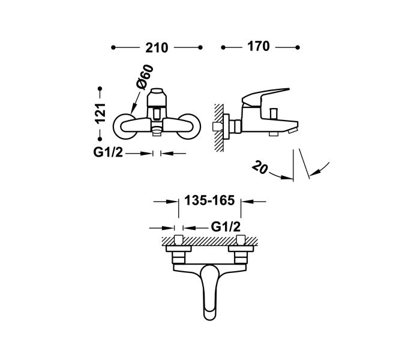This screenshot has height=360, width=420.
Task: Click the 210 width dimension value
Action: [156, 47]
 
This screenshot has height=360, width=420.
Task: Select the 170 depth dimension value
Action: [259, 47]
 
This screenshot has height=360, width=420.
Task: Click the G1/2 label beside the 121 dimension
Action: [108, 153]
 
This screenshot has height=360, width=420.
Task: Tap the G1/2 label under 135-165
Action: [226, 227]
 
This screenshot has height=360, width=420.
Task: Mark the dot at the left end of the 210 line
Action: [113, 47]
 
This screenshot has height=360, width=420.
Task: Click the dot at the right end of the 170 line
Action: [298, 47]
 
